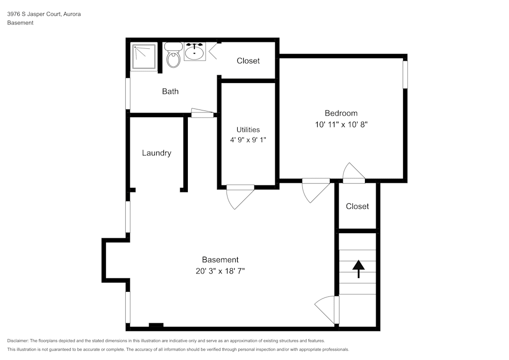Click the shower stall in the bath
point(145,57)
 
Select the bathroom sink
point(194,52)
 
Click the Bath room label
point(170,92)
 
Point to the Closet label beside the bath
point(248,61)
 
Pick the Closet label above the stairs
point(357,206)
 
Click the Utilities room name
point(248,130)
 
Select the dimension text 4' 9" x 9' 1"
point(248,140)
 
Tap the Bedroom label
point(341,113)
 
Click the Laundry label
point(156,153)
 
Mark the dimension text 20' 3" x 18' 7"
point(220,271)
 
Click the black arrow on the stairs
point(358,268)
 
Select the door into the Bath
point(202,114)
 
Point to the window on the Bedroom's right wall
point(405,75)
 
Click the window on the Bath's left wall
point(128,93)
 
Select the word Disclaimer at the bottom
point(18,341)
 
